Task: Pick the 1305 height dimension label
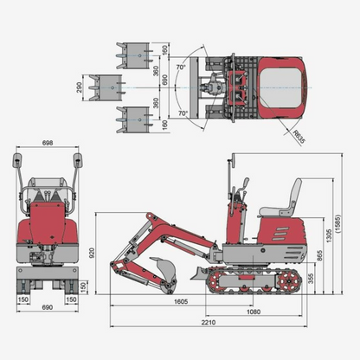point(330,237)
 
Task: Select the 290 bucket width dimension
point(80,87)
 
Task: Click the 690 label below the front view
point(48,308)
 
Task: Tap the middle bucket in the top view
point(110,87)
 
